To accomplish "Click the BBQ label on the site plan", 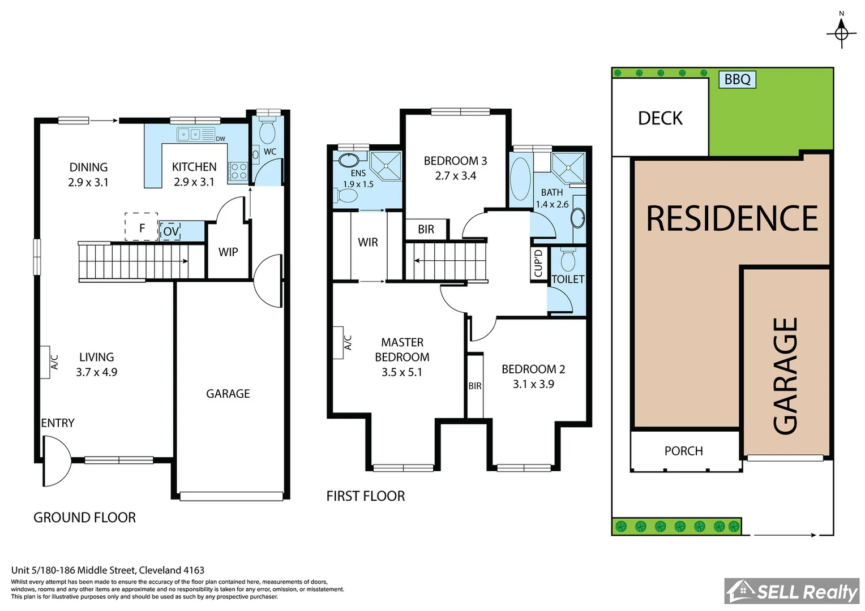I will click(x=737, y=79).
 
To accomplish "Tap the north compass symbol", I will click(x=841, y=32).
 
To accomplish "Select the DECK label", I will click(x=660, y=118).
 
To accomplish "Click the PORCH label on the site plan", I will click(x=683, y=451).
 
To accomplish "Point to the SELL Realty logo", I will click(x=792, y=591).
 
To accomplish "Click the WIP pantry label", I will click(x=228, y=252).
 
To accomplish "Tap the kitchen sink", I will click(x=190, y=135).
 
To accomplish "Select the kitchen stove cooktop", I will click(x=238, y=171).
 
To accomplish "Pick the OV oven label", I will click(x=170, y=231).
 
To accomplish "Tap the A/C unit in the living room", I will click(x=46, y=362).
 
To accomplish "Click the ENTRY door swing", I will click(x=56, y=461).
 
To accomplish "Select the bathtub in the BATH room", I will click(x=520, y=179).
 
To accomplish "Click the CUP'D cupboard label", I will click(x=538, y=263).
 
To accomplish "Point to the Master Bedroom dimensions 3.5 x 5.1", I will click(x=401, y=372).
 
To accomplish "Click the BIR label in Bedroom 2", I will click(x=474, y=386).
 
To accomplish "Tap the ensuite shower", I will click(x=386, y=165).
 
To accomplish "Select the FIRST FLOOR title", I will click(x=365, y=496).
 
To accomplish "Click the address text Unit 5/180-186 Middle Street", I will click(x=108, y=570).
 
